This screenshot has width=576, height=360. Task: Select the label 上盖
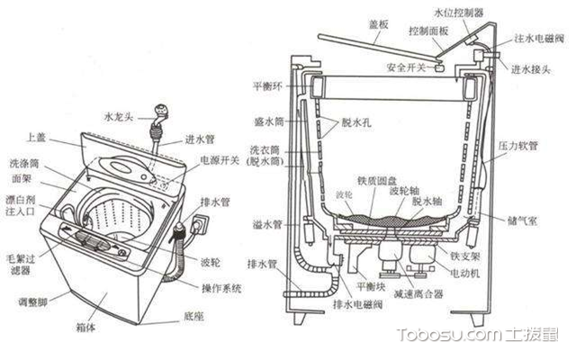36,138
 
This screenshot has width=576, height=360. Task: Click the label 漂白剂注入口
22,204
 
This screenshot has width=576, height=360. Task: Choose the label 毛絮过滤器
22,265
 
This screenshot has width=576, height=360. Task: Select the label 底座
193,317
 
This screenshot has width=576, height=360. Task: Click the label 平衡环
267,86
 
